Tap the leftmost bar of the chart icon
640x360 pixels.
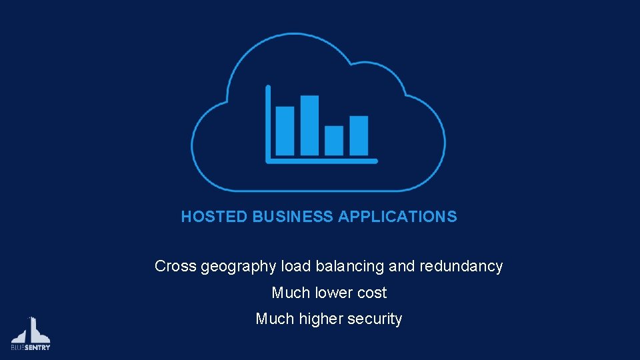tap(285, 131)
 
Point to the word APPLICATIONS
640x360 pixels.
tap(397, 217)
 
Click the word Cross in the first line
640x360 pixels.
tap(175, 266)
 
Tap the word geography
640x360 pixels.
tap(238, 267)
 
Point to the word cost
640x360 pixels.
tap(372, 293)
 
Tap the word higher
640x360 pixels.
tap(321, 319)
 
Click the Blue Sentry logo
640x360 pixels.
tap(31, 334)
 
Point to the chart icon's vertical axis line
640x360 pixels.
tap(268, 123)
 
